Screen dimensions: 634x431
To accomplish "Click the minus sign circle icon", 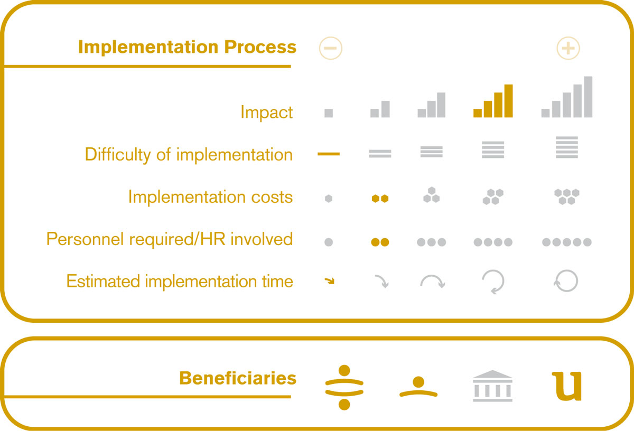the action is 331,48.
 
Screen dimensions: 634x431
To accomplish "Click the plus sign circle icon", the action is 568,48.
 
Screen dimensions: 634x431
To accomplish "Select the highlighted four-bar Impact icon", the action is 493,101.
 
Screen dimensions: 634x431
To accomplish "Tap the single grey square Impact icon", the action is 329,113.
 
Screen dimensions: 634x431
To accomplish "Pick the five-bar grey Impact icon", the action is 566,97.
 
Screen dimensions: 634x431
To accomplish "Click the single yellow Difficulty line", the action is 329,154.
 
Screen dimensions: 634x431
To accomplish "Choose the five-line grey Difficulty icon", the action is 566,147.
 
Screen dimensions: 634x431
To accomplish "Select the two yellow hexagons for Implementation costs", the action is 380,199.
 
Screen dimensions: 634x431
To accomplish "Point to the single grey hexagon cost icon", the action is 329,199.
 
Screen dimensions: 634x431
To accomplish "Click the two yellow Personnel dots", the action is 380,242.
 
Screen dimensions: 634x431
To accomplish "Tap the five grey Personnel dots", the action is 566,242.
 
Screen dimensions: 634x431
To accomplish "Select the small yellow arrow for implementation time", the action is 330,281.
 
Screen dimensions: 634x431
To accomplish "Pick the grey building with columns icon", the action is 492,386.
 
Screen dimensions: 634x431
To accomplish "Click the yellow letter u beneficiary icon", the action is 566,386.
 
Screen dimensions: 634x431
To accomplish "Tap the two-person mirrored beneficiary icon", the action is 344,387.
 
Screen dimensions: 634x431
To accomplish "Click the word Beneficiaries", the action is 238,378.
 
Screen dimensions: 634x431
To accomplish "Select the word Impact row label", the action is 266,113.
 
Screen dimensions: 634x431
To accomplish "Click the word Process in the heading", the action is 260,46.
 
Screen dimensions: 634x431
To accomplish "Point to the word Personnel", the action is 85,239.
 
